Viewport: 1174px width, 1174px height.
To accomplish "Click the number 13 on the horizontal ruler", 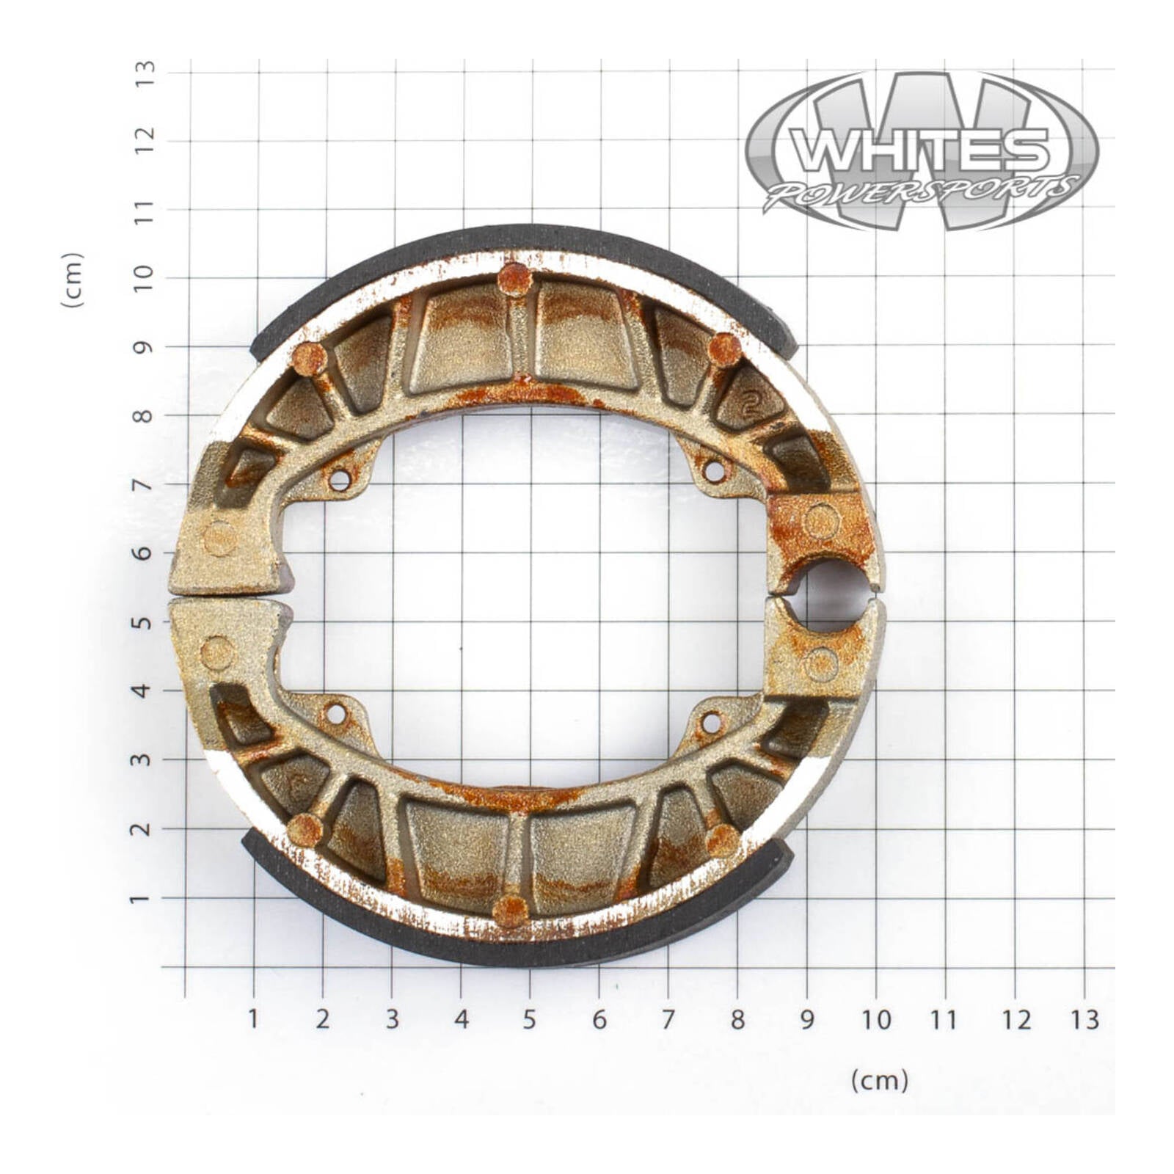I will click(1084, 1019).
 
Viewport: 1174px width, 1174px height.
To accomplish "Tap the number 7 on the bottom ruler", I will click(668, 1019).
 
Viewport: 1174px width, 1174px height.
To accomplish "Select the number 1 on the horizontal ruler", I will click(253, 1019).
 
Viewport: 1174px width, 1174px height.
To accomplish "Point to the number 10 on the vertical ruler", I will click(143, 277).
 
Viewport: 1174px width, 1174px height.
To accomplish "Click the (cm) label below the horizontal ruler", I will click(879, 1080).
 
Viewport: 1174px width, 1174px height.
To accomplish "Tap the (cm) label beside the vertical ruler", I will click(72, 280).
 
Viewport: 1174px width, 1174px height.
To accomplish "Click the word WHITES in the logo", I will click(922, 151).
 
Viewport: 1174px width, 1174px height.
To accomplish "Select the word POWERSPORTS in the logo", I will click(922, 192).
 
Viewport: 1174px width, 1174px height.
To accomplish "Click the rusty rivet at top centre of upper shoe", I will click(514, 280).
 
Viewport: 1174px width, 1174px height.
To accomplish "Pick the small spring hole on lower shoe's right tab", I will click(711, 723).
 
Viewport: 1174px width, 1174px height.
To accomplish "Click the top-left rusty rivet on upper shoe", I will click(309, 359).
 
